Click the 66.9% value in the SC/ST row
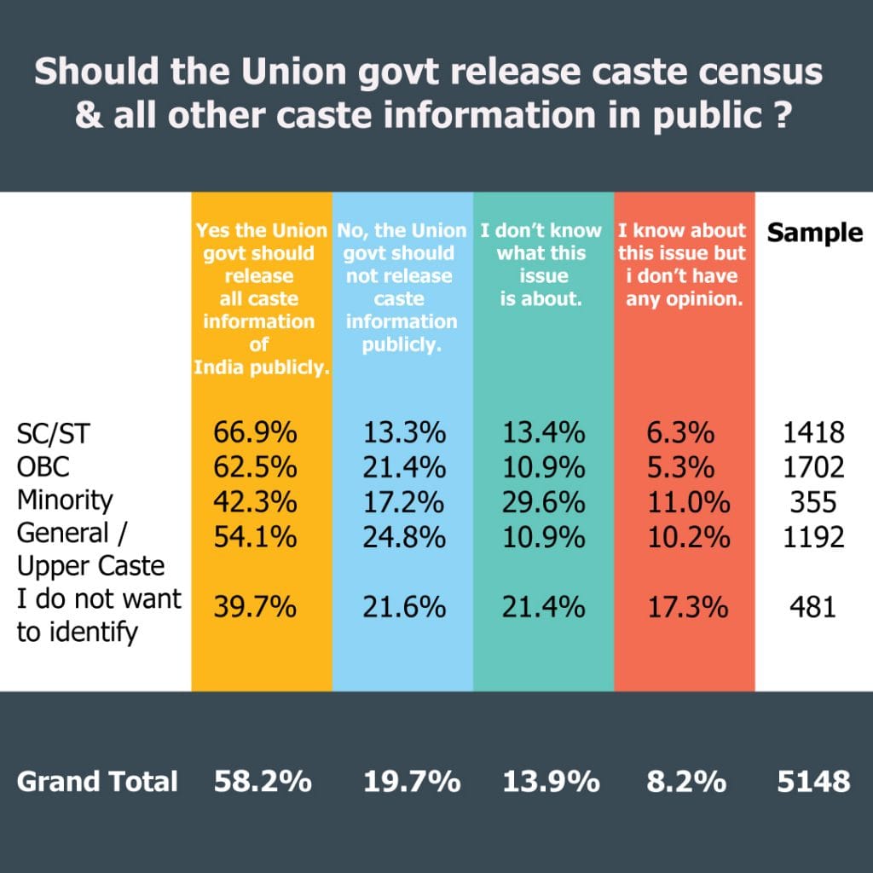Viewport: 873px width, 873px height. (x=255, y=433)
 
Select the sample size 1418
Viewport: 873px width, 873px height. (x=813, y=433)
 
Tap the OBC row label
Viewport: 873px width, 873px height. (x=44, y=466)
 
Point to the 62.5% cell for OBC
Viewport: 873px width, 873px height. (x=255, y=466)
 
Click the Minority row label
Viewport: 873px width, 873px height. (x=65, y=500)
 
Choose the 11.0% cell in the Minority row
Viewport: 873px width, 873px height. (x=685, y=501)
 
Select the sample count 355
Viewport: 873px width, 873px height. (x=813, y=501)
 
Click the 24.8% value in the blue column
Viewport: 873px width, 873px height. (x=404, y=537)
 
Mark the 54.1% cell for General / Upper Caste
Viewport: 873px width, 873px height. (x=255, y=537)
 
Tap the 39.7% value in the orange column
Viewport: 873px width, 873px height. (x=255, y=608)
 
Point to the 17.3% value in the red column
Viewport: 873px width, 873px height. (x=685, y=608)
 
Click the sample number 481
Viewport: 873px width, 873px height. (x=813, y=608)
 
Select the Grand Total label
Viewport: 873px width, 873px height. (x=97, y=782)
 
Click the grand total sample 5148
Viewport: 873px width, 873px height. (x=813, y=782)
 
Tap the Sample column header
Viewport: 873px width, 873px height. (x=815, y=233)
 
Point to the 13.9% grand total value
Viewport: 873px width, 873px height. (x=544, y=782)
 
